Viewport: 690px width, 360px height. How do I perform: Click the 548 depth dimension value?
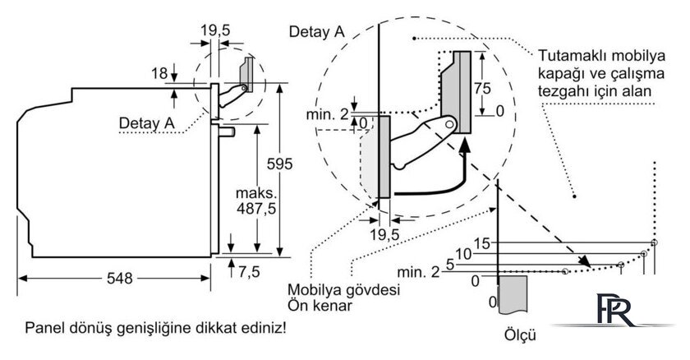pos(120,278)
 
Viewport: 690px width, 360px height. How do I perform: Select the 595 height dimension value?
pos(279,164)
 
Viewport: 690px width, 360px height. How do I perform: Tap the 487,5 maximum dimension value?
pos(256,208)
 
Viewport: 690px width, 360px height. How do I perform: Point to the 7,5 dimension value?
pos(249,272)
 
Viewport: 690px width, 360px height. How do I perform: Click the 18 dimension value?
pos(159,73)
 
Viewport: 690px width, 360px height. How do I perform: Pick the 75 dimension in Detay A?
pos(482,88)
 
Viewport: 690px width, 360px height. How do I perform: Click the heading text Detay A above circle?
pos(317,32)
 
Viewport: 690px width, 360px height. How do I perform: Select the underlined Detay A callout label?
pos(146,122)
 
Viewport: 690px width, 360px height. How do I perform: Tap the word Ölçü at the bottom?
pos(520,335)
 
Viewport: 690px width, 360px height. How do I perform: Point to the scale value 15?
pos(482,243)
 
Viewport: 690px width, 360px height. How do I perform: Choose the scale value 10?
pos(463,254)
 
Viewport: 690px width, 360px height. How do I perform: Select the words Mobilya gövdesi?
pos(343,290)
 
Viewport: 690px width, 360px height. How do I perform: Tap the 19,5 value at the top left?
pos(215,30)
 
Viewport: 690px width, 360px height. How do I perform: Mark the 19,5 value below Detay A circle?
pos(384,234)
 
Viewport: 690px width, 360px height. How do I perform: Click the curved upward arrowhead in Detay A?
pos(464,145)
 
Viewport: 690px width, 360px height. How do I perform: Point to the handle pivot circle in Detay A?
pos(448,124)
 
